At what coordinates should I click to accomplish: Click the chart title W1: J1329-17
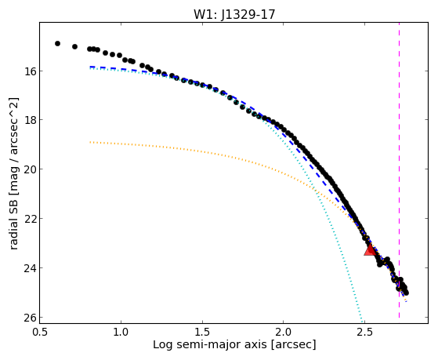pyautogui.click(x=234, y=14)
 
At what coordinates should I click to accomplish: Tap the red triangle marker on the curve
pyautogui.click(x=370, y=249)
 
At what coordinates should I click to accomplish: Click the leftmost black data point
pyautogui.click(x=57, y=43)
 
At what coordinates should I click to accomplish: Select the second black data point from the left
pyautogui.click(x=75, y=46)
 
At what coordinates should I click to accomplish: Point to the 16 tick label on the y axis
pyautogui.click(x=28, y=71)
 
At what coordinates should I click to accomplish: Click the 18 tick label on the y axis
pyautogui.click(x=28, y=120)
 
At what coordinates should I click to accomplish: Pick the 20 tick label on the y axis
pyautogui.click(x=28, y=169)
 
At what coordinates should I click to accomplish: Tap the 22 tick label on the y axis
pyautogui.click(x=28, y=218)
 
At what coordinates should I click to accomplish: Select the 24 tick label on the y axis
pyautogui.click(x=28, y=267)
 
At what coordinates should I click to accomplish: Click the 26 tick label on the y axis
pyautogui.click(x=28, y=317)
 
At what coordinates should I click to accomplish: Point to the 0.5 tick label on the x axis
pyautogui.click(x=39, y=332)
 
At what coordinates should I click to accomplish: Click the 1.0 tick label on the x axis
pyautogui.click(x=121, y=332)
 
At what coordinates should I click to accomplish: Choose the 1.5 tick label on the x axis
pyautogui.click(x=202, y=332)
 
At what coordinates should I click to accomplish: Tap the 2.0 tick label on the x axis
pyautogui.click(x=283, y=332)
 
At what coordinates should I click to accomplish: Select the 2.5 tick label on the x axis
pyautogui.click(x=365, y=332)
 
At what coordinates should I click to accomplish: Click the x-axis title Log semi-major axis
pyautogui.click(x=210, y=344)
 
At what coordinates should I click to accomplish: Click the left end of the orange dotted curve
pyautogui.click(x=90, y=142)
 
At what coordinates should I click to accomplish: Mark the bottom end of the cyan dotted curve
pyautogui.click(x=362, y=322)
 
